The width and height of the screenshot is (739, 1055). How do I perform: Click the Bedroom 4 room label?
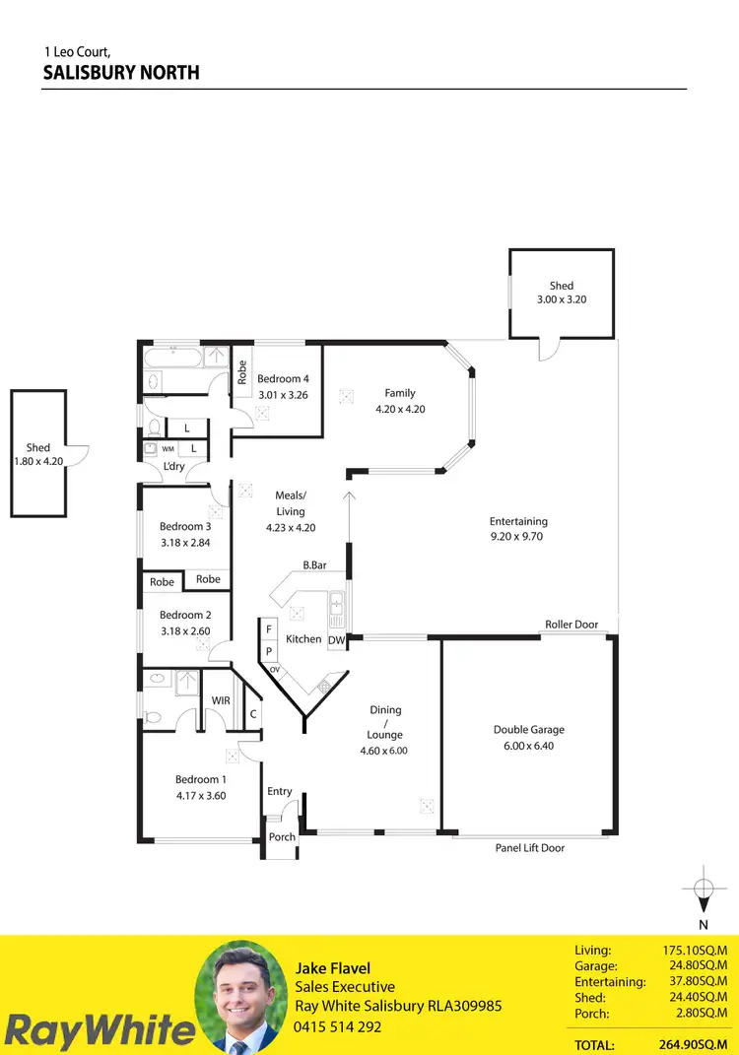click(283, 378)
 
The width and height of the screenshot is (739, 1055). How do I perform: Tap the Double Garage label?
click(528, 730)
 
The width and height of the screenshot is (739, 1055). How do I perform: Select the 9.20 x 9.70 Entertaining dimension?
click(517, 537)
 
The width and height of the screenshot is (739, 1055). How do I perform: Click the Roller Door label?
click(571, 625)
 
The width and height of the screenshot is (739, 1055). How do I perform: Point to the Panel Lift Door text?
click(530, 847)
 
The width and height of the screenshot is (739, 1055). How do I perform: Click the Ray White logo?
click(99, 1029)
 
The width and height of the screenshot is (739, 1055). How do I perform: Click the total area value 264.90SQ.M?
click(698, 1045)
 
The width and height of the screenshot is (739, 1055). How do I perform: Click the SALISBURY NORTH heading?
click(121, 73)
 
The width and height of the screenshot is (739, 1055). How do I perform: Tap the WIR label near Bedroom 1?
click(222, 700)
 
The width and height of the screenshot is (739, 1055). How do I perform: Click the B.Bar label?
click(314, 565)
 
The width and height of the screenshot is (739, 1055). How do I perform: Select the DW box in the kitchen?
click(336, 640)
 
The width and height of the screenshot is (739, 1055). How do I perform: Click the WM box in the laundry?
click(168, 448)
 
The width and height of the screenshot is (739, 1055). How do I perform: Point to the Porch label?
click(282, 837)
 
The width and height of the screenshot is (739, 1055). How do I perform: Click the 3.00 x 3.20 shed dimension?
click(561, 299)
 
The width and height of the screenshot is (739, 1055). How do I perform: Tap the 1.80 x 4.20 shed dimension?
click(38, 461)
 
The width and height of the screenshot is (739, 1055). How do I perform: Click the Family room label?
click(400, 393)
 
